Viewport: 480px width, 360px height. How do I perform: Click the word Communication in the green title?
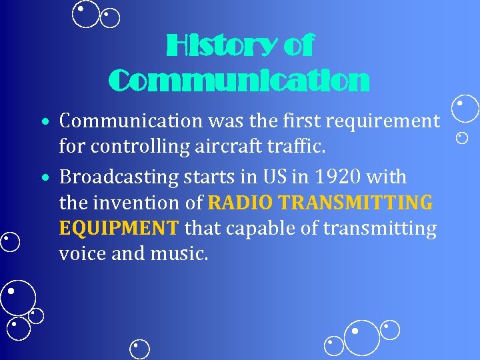(x=239, y=81)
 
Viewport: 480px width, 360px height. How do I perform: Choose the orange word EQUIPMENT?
(x=119, y=229)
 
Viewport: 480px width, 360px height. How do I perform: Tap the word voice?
(x=81, y=254)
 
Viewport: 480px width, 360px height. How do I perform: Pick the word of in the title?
(x=298, y=47)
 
